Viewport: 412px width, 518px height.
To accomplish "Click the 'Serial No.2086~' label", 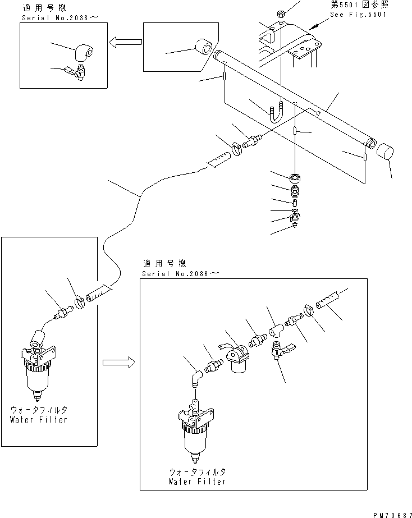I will pos(175,273).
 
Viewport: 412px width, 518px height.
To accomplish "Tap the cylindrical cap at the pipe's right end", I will pos(385,152).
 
